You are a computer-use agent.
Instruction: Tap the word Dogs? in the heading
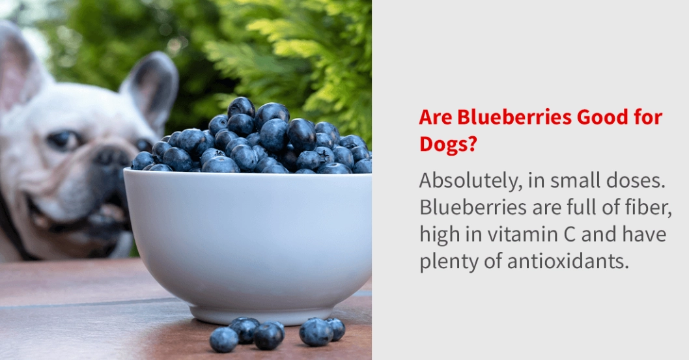click(447, 145)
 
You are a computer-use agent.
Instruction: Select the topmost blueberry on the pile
click(241, 106)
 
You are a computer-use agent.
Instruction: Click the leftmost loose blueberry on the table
click(223, 339)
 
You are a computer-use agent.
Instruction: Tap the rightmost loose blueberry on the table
click(335, 328)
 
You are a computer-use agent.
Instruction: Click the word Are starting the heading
click(435, 118)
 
